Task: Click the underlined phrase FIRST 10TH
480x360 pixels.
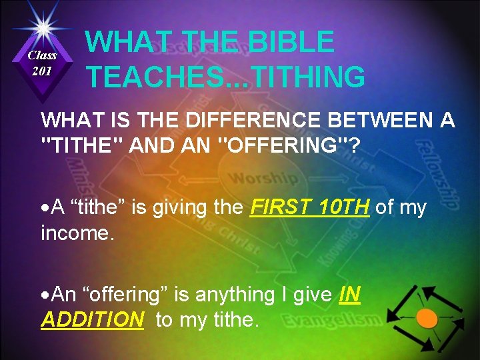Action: (x=309, y=208)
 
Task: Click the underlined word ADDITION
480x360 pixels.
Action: (x=92, y=319)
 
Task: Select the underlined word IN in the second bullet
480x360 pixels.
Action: (x=350, y=295)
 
